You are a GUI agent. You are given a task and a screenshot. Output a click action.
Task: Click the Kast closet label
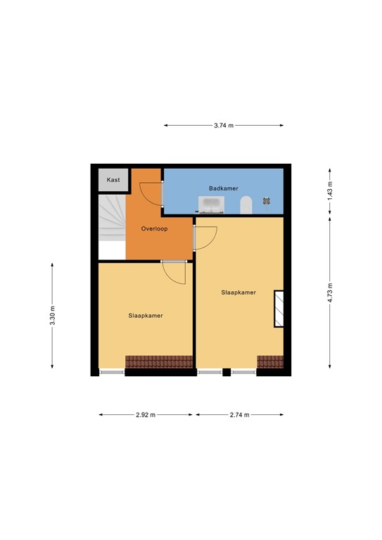[x=113, y=180]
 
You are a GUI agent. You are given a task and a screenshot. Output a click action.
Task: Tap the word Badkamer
[x=223, y=188]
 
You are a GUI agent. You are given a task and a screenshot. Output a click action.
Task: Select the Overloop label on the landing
[x=153, y=229]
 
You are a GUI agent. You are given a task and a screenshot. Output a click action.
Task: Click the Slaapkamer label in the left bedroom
[x=146, y=316]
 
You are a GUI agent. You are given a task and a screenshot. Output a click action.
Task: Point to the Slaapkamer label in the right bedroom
[x=238, y=292]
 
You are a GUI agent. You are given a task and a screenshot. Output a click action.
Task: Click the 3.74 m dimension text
[x=224, y=126]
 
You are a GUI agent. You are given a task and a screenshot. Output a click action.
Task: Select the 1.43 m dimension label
[x=329, y=191]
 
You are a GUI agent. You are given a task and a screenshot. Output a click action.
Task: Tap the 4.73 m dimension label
[x=329, y=292]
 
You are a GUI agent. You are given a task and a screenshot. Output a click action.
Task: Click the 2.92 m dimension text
[x=146, y=415]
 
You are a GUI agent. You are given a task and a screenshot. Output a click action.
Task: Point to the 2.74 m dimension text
[x=240, y=415]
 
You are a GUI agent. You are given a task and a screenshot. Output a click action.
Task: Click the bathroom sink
[x=212, y=205]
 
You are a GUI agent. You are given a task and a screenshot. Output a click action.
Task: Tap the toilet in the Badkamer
[x=246, y=205]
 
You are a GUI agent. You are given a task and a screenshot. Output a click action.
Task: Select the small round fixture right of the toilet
[x=267, y=201]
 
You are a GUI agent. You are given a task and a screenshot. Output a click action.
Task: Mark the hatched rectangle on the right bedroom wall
[x=279, y=309]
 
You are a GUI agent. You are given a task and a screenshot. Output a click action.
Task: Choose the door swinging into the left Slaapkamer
[x=173, y=271]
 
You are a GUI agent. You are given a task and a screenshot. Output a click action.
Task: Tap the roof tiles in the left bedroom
[x=159, y=361]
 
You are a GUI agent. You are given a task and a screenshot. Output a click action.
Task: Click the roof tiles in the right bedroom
[x=270, y=361]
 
